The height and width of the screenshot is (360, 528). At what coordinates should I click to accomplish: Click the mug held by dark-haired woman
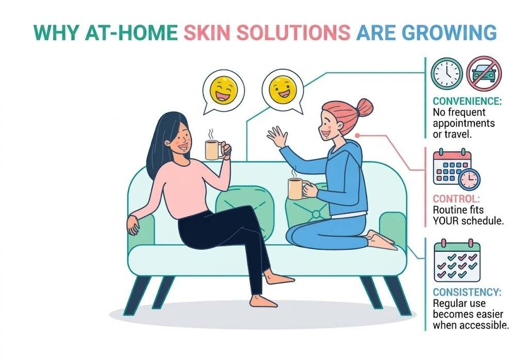pyautogui.click(x=213, y=150)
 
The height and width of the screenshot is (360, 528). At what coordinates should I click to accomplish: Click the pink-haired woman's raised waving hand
pyautogui.click(x=277, y=137)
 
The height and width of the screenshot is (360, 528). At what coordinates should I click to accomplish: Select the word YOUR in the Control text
pyautogui.click(x=448, y=221)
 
